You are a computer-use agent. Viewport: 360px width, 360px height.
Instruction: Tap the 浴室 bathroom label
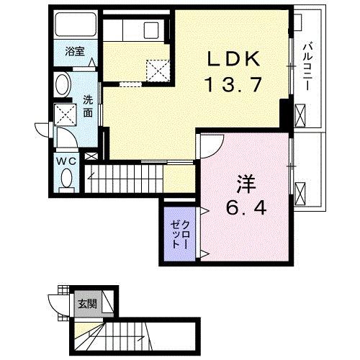click(75, 52)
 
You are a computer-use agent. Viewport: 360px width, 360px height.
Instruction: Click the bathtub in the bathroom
click(76, 27)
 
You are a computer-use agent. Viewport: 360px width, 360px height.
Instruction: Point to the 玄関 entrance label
click(86, 302)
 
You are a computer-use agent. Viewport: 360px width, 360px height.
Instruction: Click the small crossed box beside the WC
click(91, 156)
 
